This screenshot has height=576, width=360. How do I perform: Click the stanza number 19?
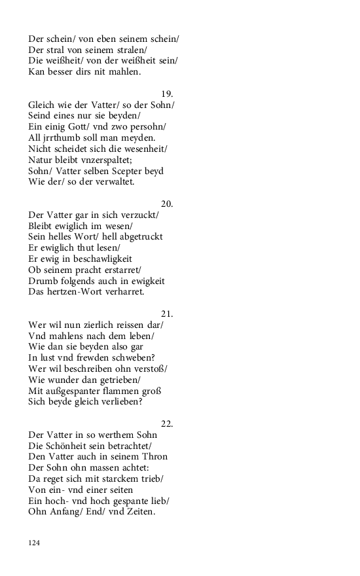(x=167, y=94)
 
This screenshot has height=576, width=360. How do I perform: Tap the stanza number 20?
(x=167, y=204)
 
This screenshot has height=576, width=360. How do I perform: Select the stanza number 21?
(x=167, y=314)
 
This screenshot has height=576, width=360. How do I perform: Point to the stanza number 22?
(x=167, y=423)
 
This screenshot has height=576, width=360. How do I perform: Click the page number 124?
(x=34, y=543)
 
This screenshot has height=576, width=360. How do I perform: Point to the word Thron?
(x=155, y=456)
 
